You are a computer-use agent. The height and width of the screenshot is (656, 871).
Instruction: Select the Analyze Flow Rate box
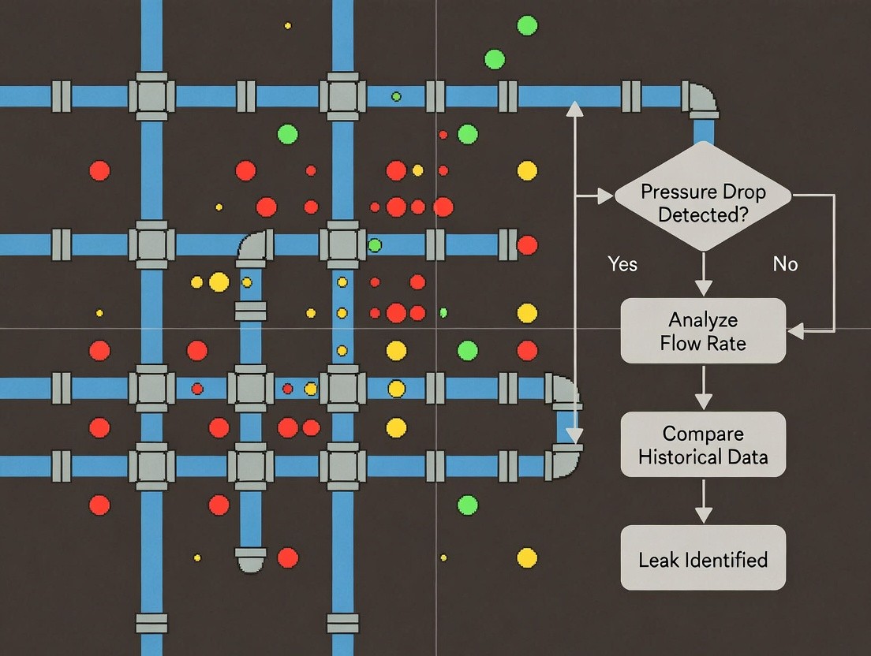(x=703, y=331)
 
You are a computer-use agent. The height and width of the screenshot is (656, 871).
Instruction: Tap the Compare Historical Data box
(x=703, y=445)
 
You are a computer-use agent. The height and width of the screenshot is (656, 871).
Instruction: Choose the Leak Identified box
(x=703, y=559)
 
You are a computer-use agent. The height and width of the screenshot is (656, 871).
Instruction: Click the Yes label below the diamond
(x=622, y=263)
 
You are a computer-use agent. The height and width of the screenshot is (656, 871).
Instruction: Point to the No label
(x=785, y=264)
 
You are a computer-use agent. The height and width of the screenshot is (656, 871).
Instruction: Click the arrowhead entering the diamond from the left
(x=605, y=196)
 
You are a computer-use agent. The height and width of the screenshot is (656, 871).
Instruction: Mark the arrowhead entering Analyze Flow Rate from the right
(x=795, y=331)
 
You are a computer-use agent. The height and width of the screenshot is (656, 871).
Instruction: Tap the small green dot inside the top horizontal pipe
(x=396, y=96)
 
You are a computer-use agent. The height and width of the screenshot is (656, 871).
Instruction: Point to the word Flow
(x=679, y=343)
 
